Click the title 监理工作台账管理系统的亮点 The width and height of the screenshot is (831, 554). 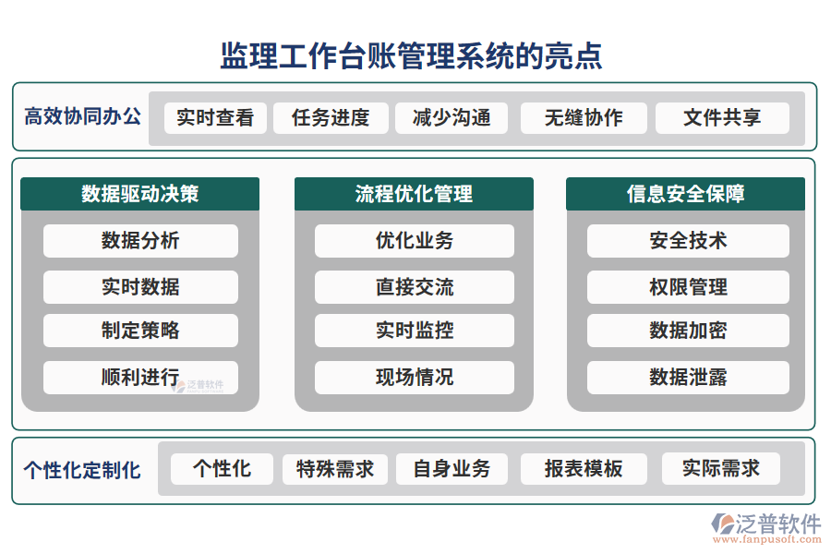coord(411,55)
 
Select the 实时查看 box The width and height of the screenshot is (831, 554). coord(215,118)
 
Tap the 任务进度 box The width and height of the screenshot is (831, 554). coord(331,118)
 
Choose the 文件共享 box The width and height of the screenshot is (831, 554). coord(722,118)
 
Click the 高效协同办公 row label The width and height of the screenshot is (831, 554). coord(82,117)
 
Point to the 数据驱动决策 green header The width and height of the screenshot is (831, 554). coord(139,194)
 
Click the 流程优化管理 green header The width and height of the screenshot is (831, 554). coord(414,194)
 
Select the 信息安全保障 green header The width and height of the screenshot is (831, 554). coord(685,194)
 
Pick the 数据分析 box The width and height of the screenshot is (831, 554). coord(140,241)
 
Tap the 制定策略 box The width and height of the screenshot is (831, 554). coord(140,331)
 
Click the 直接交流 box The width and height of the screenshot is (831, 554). coord(414,287)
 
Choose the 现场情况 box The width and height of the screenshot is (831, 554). coord(414,378)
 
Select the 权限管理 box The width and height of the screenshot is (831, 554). coord(688,287)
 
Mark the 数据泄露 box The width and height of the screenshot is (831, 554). coord(688,378)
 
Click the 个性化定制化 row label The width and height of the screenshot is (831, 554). coord(82,470)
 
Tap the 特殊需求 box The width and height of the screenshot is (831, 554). coord(334,469)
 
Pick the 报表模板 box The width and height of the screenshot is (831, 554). coord(583,469)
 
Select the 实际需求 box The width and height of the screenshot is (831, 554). coord(720,469)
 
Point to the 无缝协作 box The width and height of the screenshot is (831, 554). coord(583,118)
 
